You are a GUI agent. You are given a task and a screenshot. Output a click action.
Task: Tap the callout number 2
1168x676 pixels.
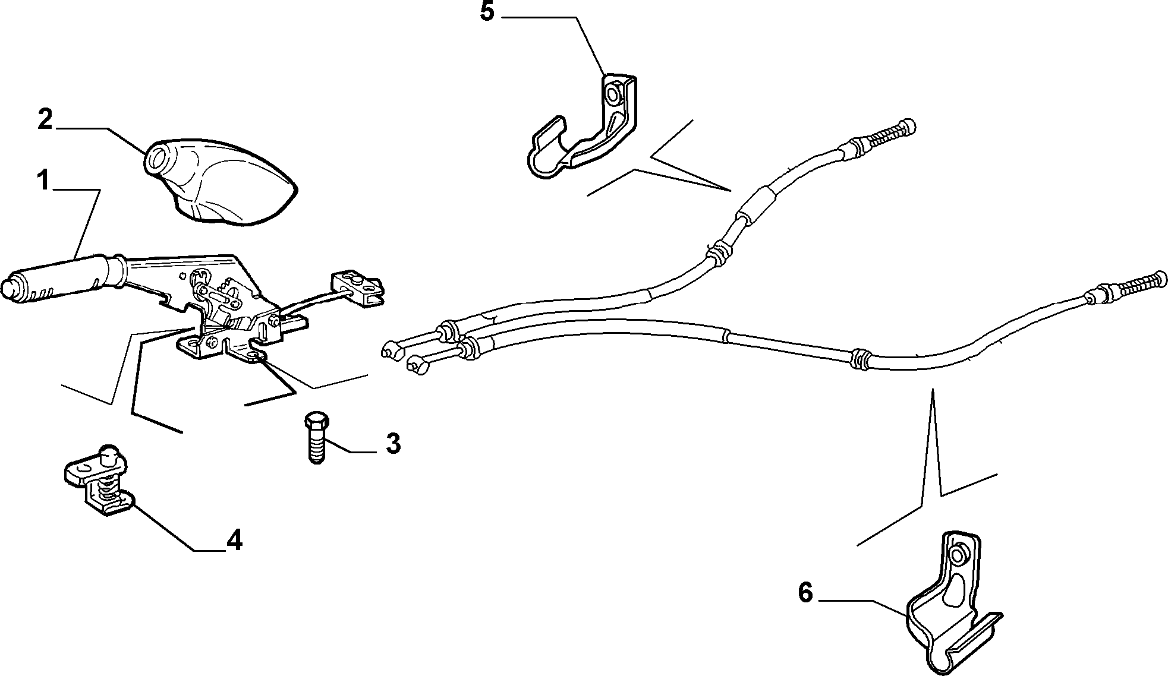click(x=45, y=119)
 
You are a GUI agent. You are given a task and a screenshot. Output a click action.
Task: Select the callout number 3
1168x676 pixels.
click(x=393, y=444)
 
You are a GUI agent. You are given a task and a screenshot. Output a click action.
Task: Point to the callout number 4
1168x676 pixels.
click(x=234, y=540)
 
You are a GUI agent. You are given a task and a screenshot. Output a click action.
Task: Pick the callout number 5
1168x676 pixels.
click(x=487, y=11)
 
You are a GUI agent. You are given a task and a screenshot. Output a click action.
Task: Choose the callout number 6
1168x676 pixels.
click(x=805, y=592)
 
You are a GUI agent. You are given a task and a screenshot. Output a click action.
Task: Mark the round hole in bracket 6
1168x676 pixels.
click(x=957, y=556)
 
